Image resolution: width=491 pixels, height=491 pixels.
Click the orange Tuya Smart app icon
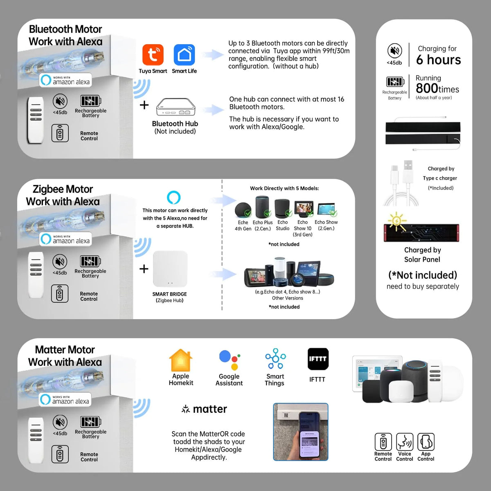click(153, 55)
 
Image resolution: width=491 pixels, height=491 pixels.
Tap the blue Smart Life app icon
click(184, 55)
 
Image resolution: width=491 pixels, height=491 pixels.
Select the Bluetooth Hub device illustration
click(176, 107)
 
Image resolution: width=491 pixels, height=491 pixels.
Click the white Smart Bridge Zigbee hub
click(170, 269)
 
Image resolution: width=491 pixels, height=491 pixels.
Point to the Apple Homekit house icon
click(180, 360)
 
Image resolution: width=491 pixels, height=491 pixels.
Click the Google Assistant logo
click(229, 360)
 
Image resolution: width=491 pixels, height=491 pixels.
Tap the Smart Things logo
click(275, 359)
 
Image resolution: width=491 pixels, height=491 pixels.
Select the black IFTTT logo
click(318, 359)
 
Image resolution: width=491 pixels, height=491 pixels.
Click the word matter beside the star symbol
click(209, 409)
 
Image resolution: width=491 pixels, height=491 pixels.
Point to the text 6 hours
click(438, 60)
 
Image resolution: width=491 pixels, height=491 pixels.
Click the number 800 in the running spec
click(427, 88)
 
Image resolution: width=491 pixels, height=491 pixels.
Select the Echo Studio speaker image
click(282, 209)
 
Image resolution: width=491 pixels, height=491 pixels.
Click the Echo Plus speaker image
click(263, 207)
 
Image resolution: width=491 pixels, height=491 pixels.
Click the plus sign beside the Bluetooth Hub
click(144, 105)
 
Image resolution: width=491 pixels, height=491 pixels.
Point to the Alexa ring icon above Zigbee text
click(174, 197)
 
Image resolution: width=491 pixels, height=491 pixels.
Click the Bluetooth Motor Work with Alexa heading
click(65, 36)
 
